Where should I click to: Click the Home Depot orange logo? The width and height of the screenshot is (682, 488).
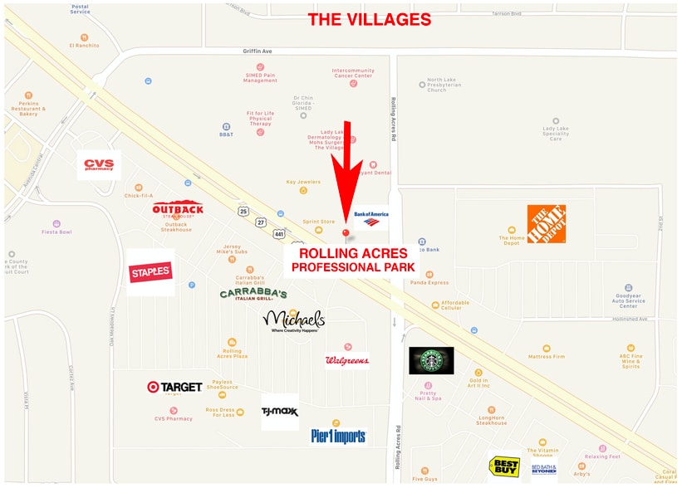[x=547, y=223]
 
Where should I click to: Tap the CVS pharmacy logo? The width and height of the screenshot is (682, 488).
[x=99, y=164]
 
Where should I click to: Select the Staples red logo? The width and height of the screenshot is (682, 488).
[x=150, y=271]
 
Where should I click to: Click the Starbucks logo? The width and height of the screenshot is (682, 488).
[x=431, y=360]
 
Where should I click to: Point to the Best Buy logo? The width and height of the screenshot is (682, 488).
[x=504, y=466]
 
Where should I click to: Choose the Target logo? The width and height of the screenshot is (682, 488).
[x=174, y=387]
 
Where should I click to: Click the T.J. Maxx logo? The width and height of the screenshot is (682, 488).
[x=280, y=411]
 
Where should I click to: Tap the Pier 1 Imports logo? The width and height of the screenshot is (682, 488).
[x=338, y=436]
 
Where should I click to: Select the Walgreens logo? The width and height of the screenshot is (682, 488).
[x=347, y=360]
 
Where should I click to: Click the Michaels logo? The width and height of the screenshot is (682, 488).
[x=293, y=320]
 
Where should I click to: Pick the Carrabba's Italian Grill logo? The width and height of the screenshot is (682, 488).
[x=253, y=295]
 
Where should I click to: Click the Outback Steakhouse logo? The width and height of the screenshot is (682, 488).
[x=178, y=209]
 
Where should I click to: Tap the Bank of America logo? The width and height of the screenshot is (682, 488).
[x=370, y=217]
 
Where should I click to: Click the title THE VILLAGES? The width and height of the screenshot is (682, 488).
[x=370, y=20]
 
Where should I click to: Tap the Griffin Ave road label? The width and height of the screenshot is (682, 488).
[x=258, y=51]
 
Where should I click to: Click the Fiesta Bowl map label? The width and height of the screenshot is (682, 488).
[x=56, y=232]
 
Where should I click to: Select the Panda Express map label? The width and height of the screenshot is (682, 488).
[x=429, y=283]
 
